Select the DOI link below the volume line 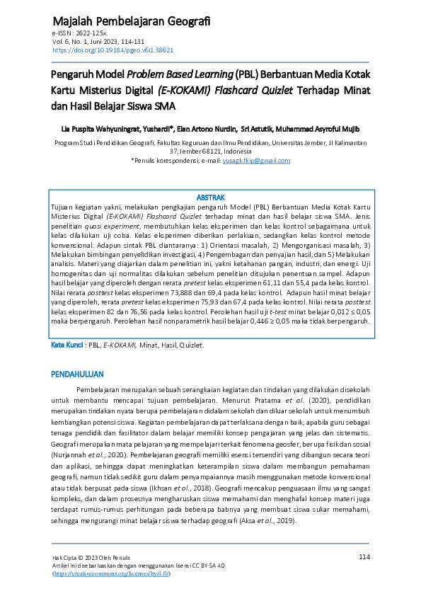click(113, 50)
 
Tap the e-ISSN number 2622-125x click(89, 34)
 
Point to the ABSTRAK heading click(209, 197)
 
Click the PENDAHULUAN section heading click(78, 373)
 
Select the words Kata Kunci click(67, 345)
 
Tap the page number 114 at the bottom click(364, 557)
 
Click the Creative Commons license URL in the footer click(112, 574)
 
